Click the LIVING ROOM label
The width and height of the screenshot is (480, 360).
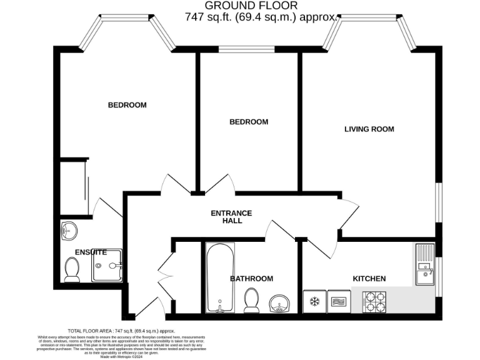pyautogui.click(x=369, y=129)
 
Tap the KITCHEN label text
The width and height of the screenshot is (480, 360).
pyautogui.click(x=369, y=279)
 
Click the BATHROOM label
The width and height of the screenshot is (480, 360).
pyautogui.click(x=251, y=279)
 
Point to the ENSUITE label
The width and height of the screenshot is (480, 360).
pyautogui.click(x=91, y=252)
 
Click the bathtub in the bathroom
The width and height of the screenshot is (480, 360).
pyautogui.click(x=219, y=278)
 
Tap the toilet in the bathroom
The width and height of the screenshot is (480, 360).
pyautogui.click(x=252, y=300)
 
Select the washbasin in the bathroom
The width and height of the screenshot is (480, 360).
pyautogui.click(x=278, y=304)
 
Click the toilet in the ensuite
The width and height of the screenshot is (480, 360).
pyautogui.click(x=72, y=269)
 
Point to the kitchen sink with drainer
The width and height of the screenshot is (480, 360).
pyautogui.click(x=425, y=263)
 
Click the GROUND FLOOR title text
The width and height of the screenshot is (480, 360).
pyautogui.click(x=260, y=6)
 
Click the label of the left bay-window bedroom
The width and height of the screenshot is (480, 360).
pyautogui.click(x=127, y=105)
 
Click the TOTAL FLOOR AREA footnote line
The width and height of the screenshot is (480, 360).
pyautogui.click(x=120, y=331)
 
